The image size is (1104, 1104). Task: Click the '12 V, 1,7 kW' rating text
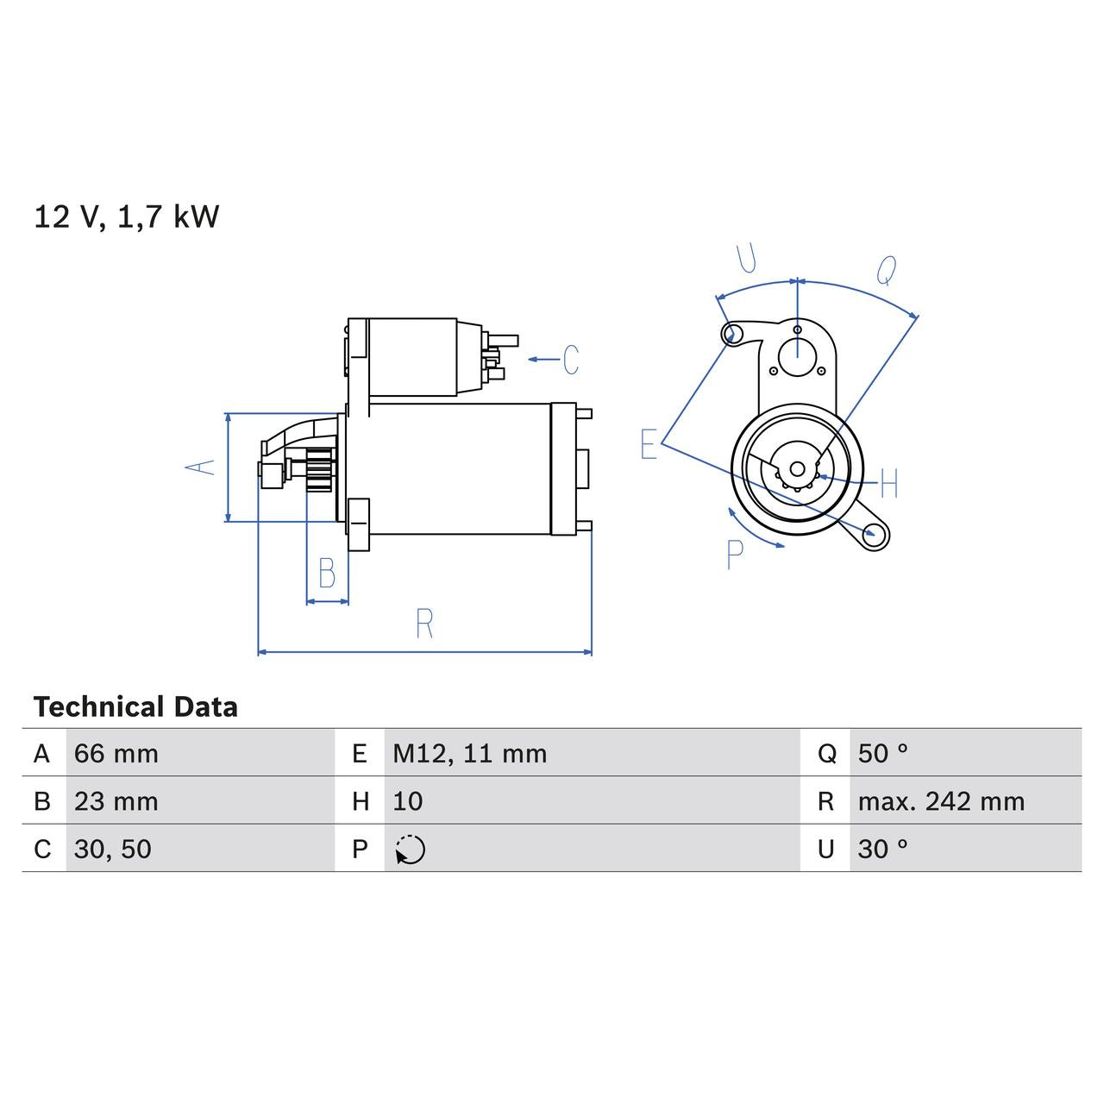click(x=127, y=216)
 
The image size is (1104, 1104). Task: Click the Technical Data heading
click(x=135, y=707)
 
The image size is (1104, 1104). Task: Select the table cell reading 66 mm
click(x=116, y=754)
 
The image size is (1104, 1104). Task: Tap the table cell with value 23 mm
click(x=116, y=801)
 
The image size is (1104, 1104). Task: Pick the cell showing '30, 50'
click(x=113, y=849)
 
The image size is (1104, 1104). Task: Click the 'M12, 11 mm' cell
click(x=470, y=754)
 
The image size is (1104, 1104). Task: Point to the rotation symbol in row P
click(x=411, y=850)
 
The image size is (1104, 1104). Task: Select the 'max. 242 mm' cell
click(x=941, y=801)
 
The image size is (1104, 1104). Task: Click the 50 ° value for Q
click(x=883, y=754)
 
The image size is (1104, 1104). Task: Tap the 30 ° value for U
click(x=883, y=849)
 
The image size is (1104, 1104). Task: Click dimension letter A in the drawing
click(x=201, y=467)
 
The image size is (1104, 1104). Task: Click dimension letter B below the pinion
click(x=327, y=573)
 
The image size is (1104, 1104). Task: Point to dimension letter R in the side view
click(x=423, y=624)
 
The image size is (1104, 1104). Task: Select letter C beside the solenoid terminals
click(x=570, y=360)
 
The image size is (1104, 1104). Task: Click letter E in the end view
click(x=649, y=444)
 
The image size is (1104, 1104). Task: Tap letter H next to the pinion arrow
click(x=889, y=483)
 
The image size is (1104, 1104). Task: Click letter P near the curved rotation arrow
click(x=734, y=555)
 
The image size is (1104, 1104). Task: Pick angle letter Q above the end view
click(x=886, y=271)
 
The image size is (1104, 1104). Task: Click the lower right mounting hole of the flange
click(x=876, y=534)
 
